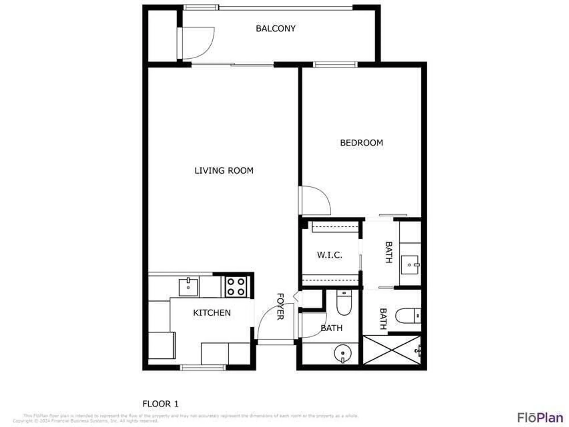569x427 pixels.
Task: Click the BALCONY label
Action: coord(275,28)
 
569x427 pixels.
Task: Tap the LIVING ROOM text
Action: coord(224,171)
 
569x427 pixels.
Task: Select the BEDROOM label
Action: coord(361,143)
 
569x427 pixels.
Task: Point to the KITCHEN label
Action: coord(212,313)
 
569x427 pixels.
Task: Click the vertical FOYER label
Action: coord(280,307)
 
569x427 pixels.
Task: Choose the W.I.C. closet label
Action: coord(329,255)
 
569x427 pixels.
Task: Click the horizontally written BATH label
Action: coord(331,328)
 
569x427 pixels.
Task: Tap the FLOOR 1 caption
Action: coord(160,404)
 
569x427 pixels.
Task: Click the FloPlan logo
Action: coord(540,417)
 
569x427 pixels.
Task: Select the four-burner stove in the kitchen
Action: coord(236,287)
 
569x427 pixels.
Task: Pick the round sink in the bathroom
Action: coord(343,353)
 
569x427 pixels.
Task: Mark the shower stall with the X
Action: coord(392,350)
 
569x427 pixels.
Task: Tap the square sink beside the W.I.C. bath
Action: coord(410,265)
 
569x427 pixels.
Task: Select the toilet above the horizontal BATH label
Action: coord(344,303)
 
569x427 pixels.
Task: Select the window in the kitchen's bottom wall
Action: coord(203,368)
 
